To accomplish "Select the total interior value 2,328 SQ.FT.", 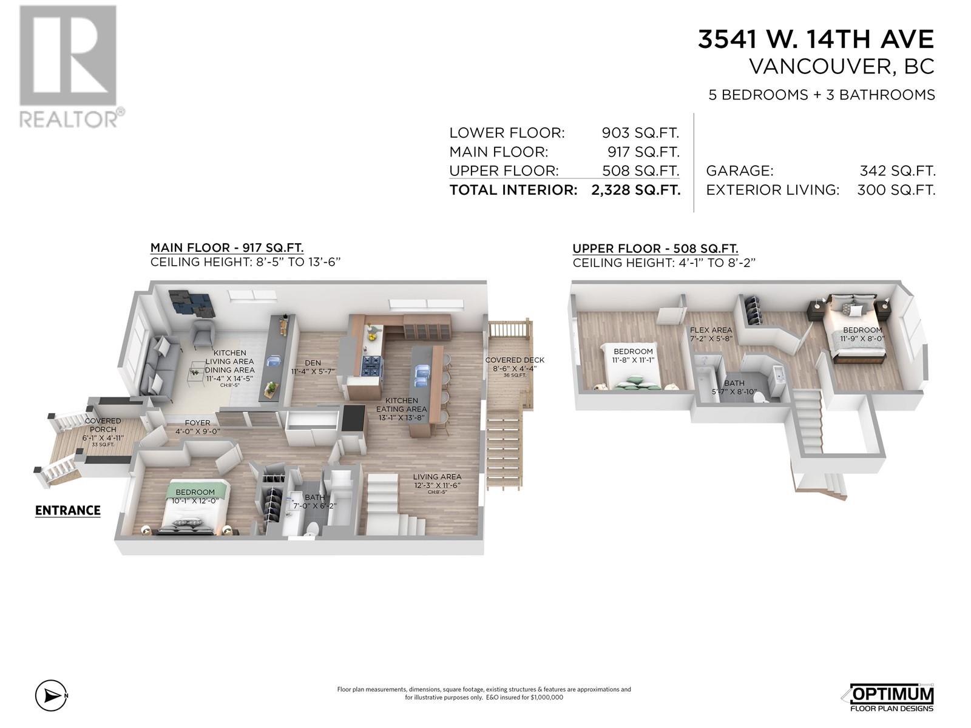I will [635, 190].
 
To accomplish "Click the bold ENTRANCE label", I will [67, 510].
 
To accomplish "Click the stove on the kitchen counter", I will [371, 366].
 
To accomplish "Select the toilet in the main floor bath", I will [311, 528].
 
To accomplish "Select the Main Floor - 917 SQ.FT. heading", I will [226, 248].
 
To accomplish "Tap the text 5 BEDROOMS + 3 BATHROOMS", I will [822, 95].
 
